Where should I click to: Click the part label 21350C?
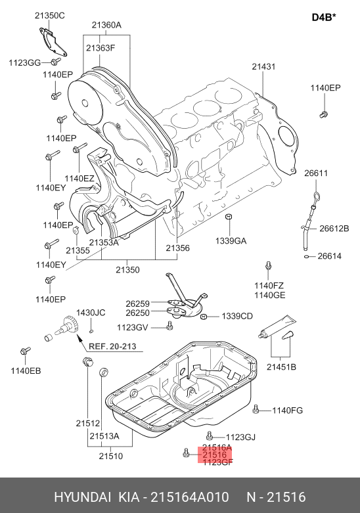click(50, 16)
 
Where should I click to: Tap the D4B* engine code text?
click(324, 17)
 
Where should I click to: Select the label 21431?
click(263, 67)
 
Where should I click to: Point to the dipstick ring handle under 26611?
click(317, 197)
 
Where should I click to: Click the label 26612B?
click(334, 229)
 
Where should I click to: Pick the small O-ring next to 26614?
click(307, 256)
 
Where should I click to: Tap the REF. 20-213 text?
click(112, 346)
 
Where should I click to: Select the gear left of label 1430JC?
click(67, 325)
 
